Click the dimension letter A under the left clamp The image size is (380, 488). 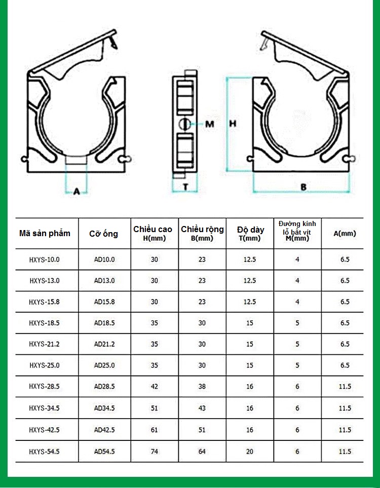click(x=77, y=192)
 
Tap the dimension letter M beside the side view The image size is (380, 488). click(x=210, y=124)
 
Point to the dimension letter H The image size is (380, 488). click(x=233, y=124)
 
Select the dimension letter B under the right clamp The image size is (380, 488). click(x=303, y=187)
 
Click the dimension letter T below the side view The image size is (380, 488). click(x=185, y=186)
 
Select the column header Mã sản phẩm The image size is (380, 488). click(x=45, y=233)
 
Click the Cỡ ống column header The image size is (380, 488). click(x=104, y=234)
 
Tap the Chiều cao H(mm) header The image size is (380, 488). click(x=153, y=234)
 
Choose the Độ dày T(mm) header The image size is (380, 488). click(x=250, y=234)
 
